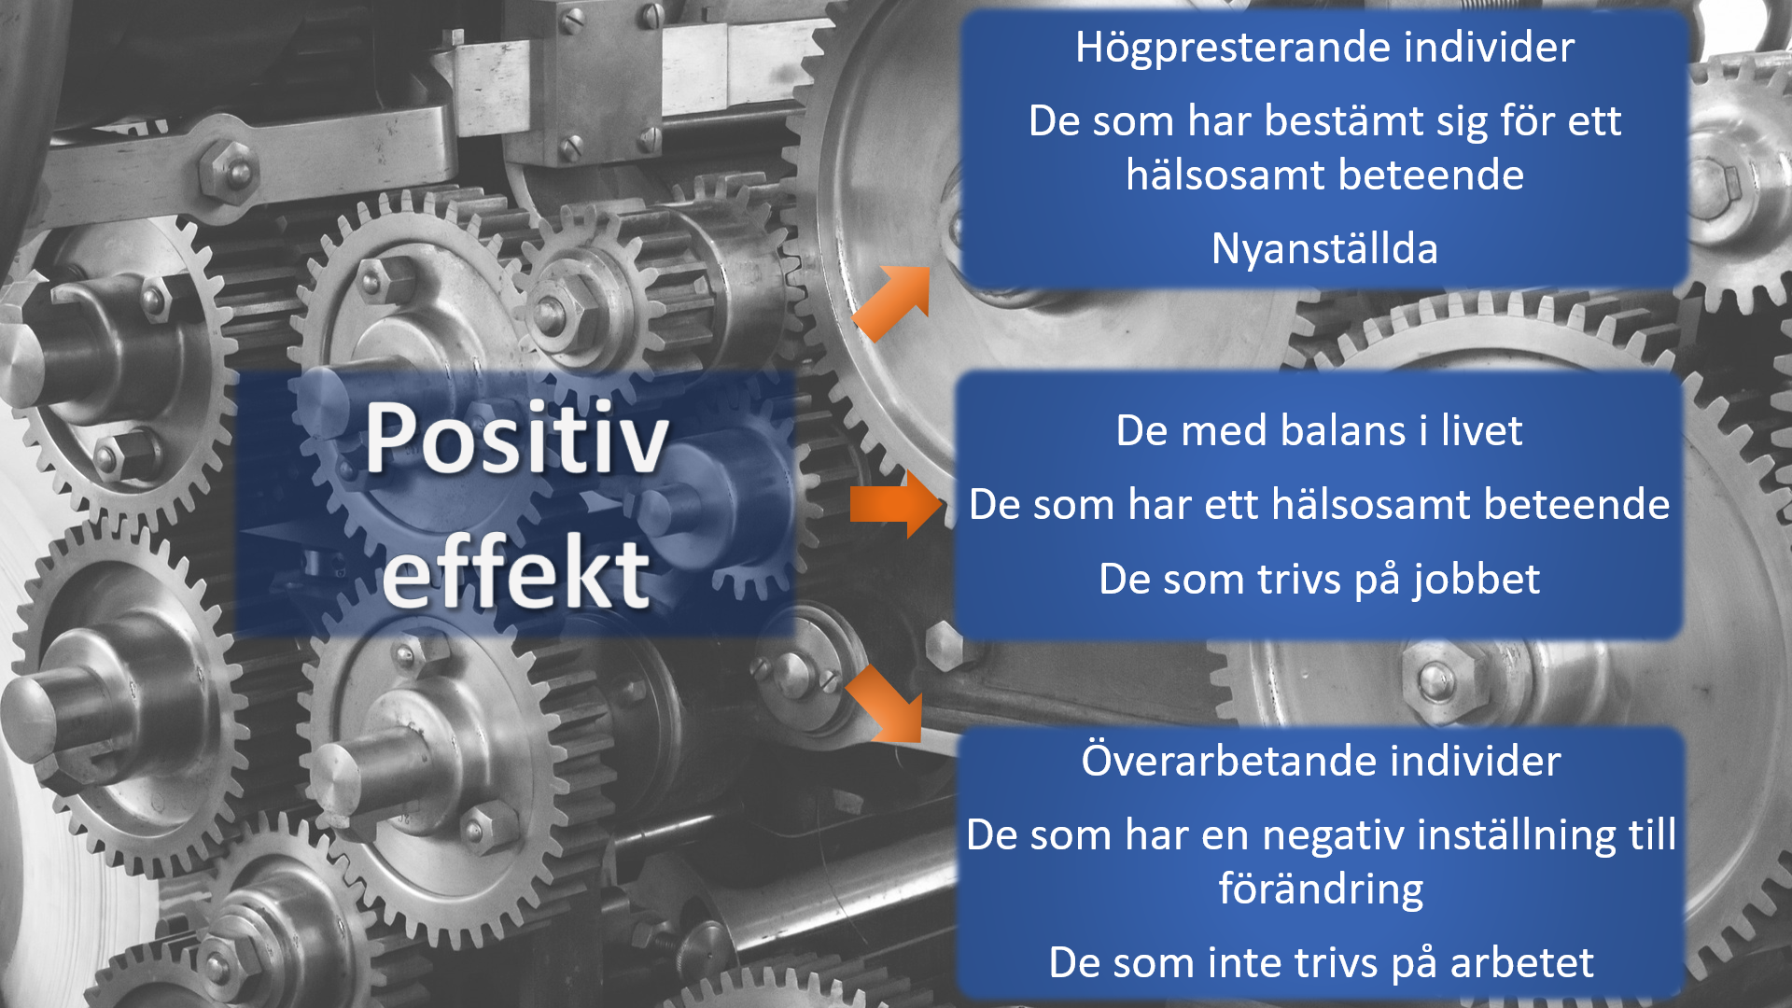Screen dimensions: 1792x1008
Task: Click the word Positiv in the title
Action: [517, 438]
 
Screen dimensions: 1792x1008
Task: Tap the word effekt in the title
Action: [516, 571]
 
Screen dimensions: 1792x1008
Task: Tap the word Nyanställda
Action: [1324, 249]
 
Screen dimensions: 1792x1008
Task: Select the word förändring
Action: [1321, 889]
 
